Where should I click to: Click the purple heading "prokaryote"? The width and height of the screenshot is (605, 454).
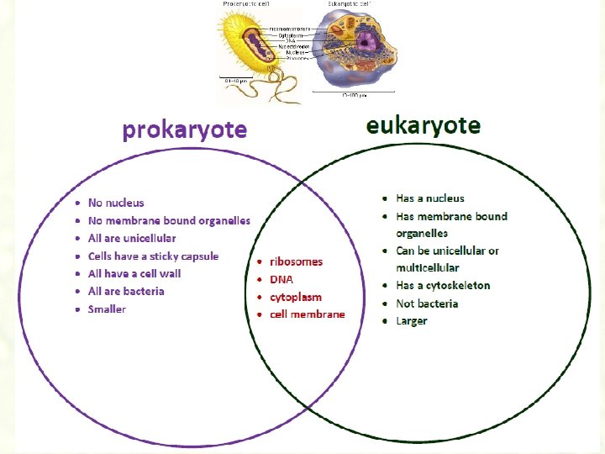tap(184, 130)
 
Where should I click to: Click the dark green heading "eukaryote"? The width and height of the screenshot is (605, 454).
tap(423, 126)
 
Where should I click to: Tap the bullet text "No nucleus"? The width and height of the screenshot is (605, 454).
tap(116, 203)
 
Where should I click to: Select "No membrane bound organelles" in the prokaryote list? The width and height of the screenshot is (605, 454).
tap(169, 220)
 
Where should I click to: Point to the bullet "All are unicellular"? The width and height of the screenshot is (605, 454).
tap(132, 238)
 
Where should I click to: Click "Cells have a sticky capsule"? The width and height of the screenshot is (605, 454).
tap(153, 256)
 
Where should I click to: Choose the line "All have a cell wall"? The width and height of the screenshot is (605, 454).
tap(134, 273)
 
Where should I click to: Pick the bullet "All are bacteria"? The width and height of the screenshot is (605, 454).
tap(126, 291)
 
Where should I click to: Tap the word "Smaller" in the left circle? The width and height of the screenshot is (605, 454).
tap(107, 309)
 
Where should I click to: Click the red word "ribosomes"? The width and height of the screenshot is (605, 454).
tap(296, 261)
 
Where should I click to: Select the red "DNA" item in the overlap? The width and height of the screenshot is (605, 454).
tap(281, 279)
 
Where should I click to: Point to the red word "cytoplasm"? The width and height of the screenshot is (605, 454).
tap(296, 297)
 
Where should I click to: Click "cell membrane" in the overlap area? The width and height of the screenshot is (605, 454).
tap(308, 314)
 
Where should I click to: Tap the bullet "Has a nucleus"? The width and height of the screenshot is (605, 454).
tap(430, 198)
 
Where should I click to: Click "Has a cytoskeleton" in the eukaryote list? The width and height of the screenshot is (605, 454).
tap(443, 285)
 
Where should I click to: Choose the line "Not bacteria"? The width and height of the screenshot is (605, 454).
tap(427, 304)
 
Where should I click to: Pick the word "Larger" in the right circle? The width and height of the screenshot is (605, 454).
tap(412, 321)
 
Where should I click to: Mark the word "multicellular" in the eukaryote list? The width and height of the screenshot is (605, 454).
tap(428, 267)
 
